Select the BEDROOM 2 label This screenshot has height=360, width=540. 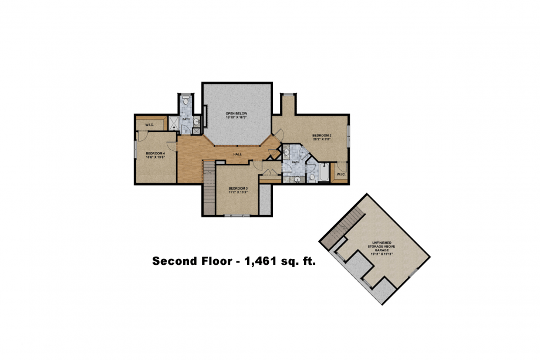[322, 135]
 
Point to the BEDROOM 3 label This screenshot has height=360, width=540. [238, 188]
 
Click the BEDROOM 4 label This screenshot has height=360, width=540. [156, 153]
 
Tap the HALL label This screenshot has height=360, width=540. [238, 154]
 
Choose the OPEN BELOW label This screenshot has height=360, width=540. [237, 113]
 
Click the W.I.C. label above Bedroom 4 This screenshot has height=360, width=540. [149, 124]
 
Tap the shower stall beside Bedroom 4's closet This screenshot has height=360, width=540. [174, 123]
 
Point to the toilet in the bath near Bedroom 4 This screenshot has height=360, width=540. [186, 101]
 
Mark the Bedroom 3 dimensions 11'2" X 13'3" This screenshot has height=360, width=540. [238, 192]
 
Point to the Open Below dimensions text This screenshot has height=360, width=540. [237, 117]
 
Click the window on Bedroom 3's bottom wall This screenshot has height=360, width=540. [237, 216]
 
